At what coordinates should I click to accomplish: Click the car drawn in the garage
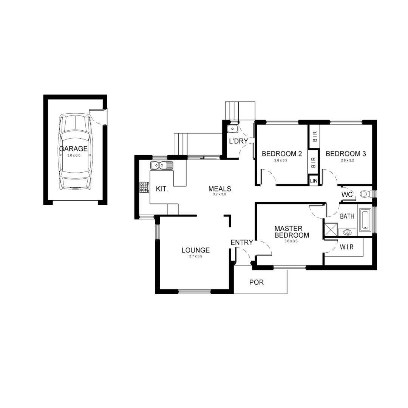76,166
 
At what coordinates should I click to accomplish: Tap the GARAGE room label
73,149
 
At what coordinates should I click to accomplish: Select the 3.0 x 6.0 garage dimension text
73,155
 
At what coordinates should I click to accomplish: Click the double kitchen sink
162,165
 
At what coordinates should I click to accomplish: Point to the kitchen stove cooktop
144,187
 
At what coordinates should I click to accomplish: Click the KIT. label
162,189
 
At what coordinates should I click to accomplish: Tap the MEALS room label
219,189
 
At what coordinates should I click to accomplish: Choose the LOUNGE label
195,250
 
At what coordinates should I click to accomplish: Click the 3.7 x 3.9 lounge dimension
195,257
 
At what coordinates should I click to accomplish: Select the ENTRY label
241,243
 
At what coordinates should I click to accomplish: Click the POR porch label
257,282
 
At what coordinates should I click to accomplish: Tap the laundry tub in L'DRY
232,129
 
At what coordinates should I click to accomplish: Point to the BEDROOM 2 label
282,154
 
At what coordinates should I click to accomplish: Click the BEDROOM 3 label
346,154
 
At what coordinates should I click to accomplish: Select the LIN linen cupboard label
314,181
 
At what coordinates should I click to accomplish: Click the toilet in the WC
365,194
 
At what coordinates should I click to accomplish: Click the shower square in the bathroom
330,228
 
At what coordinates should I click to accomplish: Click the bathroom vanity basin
348,232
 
